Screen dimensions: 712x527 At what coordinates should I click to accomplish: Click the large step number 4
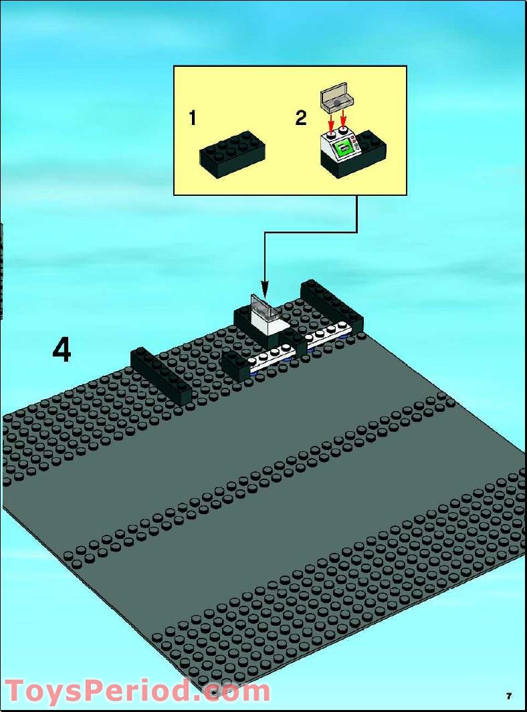pos(62,350)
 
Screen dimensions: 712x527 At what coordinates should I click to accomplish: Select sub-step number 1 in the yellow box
pos(193,119)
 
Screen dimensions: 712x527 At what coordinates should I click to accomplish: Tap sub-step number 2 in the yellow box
pos(301,119)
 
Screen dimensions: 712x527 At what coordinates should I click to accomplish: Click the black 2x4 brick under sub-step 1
pos(233,154)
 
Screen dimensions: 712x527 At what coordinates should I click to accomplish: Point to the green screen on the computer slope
pos(344,146)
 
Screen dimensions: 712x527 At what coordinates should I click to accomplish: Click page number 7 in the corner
pos(509,696)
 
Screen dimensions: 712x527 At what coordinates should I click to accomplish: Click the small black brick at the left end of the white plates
pos(235,365)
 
